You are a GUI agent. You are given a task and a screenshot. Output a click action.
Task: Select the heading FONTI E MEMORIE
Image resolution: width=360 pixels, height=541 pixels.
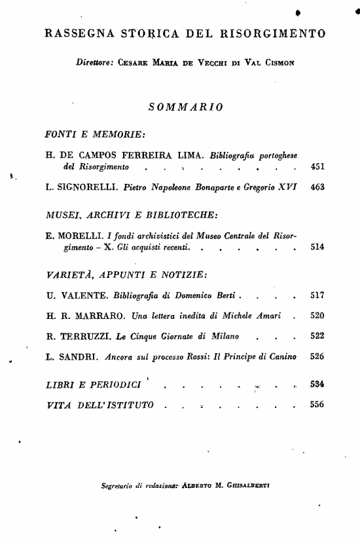tap(94, 134)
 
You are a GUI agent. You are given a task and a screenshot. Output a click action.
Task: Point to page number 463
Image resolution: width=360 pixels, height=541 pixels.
tap(317, 187)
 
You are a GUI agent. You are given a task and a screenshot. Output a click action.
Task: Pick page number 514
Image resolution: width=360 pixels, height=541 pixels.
tap(317, 248)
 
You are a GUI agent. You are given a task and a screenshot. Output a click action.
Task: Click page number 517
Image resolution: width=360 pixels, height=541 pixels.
tap(317, 295)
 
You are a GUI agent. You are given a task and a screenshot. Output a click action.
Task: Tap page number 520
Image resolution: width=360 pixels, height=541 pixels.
tap(317, 316)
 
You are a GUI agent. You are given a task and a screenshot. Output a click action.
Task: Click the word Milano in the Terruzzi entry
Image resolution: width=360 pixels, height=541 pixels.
tap(223, 337)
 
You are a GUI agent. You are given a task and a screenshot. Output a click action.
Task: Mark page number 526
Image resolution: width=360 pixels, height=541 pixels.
tap(317, 357)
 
